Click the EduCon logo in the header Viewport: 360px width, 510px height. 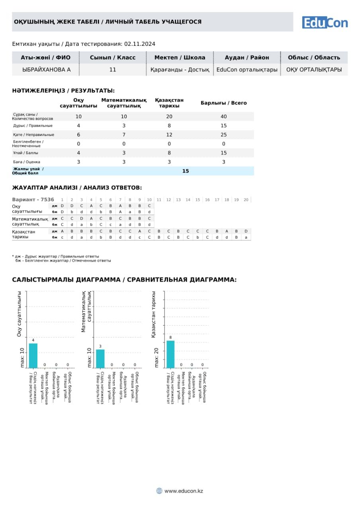click(x=325, y=22)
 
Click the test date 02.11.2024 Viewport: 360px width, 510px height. click(x=140, y=44)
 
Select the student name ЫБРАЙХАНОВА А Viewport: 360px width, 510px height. click(x=47, y=69)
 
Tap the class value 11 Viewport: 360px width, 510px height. click(x=113, y=69)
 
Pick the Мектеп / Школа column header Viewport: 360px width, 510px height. click(x=180, y=57)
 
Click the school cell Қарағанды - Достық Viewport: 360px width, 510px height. click(x=180, y=69)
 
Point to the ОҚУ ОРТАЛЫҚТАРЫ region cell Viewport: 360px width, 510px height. click(x=314, y=69)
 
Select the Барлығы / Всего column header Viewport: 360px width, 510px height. click(x=223, y=103)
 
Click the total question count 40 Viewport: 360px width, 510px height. click(x=223, y=116)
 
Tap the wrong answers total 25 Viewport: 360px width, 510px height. click(x=223, y=135)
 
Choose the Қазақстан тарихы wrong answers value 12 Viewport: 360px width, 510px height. click(x=169, y=135)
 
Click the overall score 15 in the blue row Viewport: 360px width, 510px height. click(x=186, y=171)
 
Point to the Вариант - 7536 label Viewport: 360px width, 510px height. click(x=33, y=200)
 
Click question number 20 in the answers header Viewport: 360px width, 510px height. click(x=246, y=200)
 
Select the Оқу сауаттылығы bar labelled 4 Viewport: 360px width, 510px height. click(x=33, y=355)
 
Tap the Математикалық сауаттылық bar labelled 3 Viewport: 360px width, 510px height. click(x=100, y=358)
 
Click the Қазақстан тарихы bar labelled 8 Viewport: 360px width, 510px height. click(x=170, y=354)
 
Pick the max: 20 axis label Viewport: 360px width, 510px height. click(x=157, y=357)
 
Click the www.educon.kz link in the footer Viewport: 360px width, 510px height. click(x=184, y=491)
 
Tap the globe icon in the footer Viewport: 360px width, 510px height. click(x=159, y=491)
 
